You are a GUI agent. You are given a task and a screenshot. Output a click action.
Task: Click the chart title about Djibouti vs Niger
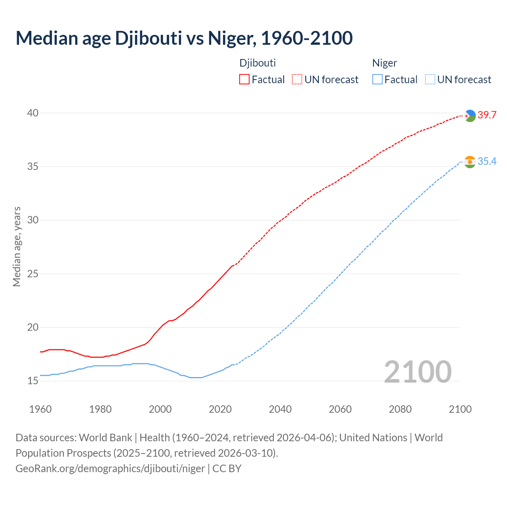pyautogui.click(x=184, y=38)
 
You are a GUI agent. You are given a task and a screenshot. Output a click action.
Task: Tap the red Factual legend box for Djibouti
pyautogui.click(x=244, y=79)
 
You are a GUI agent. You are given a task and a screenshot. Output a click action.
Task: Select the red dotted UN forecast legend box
pyautogui.click(x=297, y=79)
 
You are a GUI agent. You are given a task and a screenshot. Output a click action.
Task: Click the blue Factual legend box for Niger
pyautogui.click(x=377, y=79)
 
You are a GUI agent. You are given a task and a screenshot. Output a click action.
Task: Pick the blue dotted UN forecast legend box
pyautogui.click(x=430, y=79)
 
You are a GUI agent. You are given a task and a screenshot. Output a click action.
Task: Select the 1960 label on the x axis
pyautogui.click(x=40, y=409)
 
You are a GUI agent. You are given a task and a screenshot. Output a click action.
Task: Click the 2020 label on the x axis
pyautogui.click(x=220, y=409)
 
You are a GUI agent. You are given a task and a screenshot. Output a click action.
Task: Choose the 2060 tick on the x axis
pyautogui.click(x=340, y=409)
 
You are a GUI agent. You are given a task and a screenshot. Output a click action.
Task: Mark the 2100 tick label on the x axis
pyautogui.click(x=460, y=409)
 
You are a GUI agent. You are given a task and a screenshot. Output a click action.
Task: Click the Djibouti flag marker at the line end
pyautogui.click(x=470, y=116)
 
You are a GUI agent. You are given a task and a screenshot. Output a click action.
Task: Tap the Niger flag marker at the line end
pyautogui.click(x=470, y=162)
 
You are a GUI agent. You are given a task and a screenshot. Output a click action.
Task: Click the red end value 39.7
pyautogui.click(x=487, y=115)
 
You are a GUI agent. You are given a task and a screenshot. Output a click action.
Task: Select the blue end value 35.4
pyautogui.click(x=487, y=162)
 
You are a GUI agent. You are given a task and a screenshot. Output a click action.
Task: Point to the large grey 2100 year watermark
pyautogui.click(x=418, y=372)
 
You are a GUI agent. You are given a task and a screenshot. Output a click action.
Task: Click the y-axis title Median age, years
pyautogui.click(x=17, y=246)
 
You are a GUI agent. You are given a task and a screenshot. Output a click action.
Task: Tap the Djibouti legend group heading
pyautogui.click(x=257, y=63)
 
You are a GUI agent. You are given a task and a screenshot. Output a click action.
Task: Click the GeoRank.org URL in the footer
pyautogui.click(x=110, y=469)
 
